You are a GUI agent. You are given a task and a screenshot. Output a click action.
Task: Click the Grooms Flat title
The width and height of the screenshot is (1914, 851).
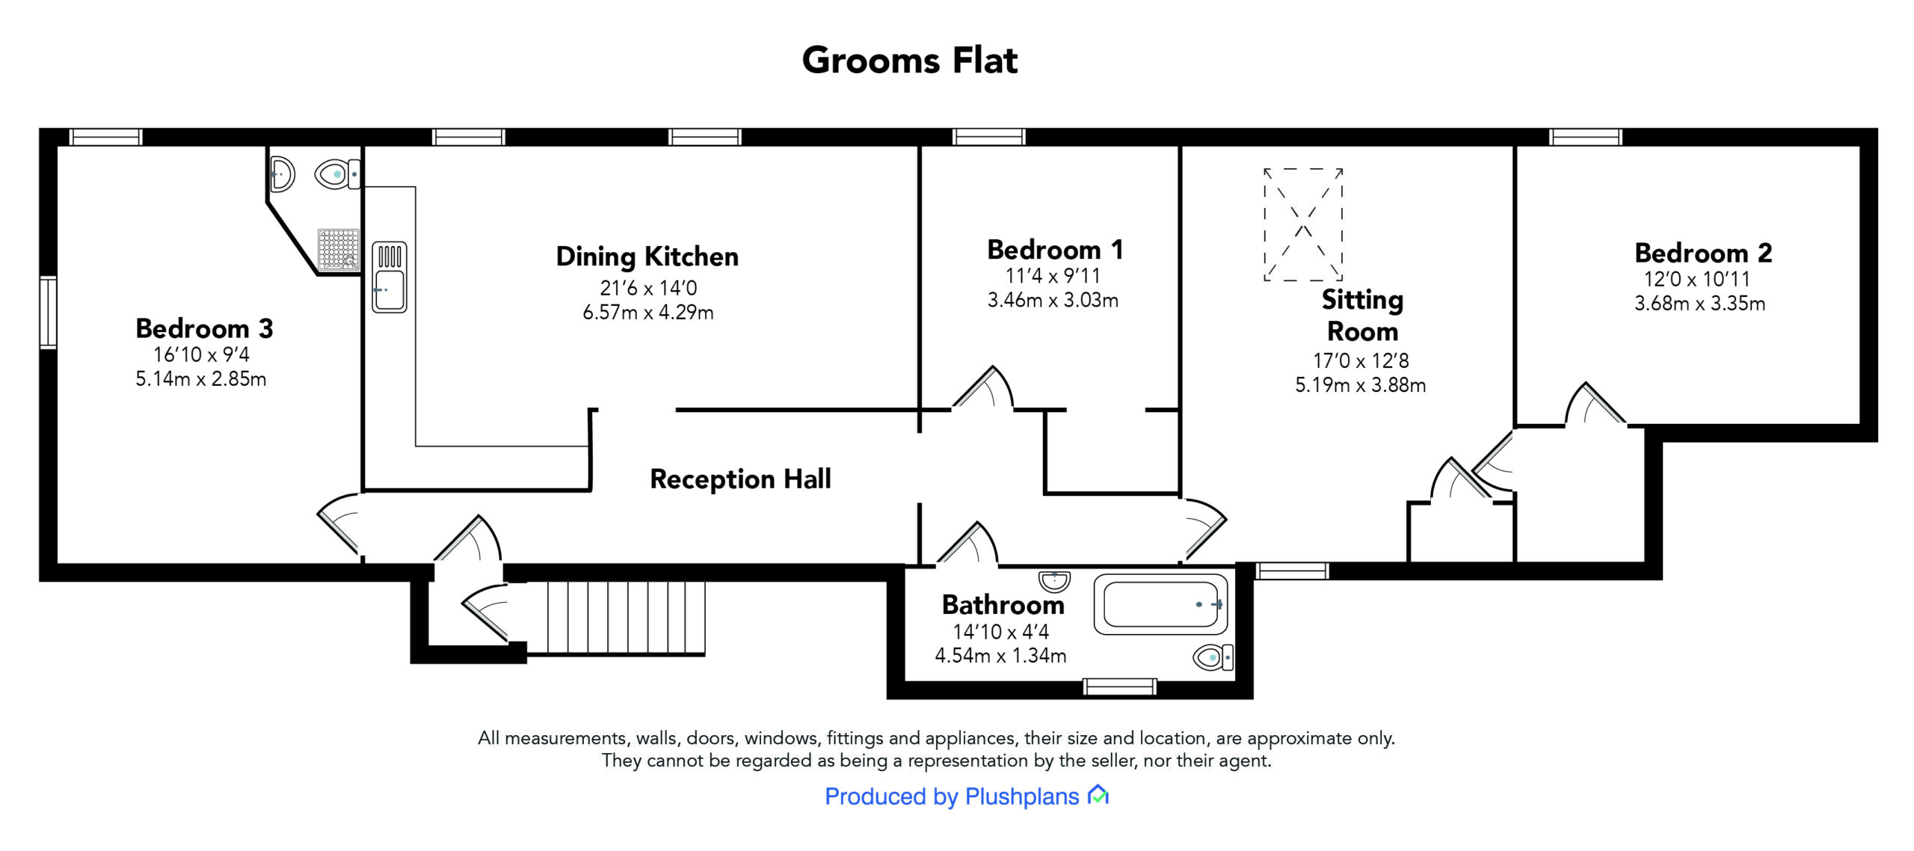tap(909, 61)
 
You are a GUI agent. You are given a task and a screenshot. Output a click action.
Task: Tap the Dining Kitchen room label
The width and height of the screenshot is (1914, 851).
tap(647, 256)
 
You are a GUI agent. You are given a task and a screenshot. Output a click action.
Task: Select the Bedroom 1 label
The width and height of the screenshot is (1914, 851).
tap(1055, 250)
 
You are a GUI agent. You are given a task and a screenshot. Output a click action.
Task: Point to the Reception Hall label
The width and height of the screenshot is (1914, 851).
tap(740, 479)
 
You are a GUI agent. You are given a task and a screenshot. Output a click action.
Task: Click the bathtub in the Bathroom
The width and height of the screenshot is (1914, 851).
tap(1160, 604)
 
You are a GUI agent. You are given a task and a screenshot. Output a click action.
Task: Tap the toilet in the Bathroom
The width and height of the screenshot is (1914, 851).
tap(1212, 657)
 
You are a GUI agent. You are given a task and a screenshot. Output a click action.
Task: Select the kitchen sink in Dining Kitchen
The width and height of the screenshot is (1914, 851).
tap(390, 277)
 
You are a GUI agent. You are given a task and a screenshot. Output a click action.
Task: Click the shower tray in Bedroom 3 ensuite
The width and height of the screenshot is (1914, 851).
tap(339, 249)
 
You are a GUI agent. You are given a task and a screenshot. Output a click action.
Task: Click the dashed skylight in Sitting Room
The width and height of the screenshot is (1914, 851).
tap(1303, 224)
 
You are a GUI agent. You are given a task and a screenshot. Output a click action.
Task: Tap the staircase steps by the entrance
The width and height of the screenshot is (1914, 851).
tap(626, 618)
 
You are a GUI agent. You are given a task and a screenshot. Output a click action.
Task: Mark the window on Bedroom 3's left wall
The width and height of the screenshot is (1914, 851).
tap(48, 312)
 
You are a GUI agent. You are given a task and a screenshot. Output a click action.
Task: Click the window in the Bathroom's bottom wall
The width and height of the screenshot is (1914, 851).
tap(1119, 686)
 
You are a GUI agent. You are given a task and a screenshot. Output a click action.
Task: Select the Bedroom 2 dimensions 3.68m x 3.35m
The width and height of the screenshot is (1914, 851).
tap(1699, 304)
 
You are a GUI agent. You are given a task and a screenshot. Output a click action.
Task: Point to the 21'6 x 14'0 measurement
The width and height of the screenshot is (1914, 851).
tap(648, 288)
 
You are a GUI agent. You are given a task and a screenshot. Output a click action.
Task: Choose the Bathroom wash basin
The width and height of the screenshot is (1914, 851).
tap(1054, 581)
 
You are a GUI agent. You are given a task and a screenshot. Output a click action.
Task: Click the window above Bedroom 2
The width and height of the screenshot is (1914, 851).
tap(1585, 137)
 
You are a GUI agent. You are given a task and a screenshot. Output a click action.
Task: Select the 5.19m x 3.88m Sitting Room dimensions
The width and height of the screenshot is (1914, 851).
tap(1360, 385)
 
